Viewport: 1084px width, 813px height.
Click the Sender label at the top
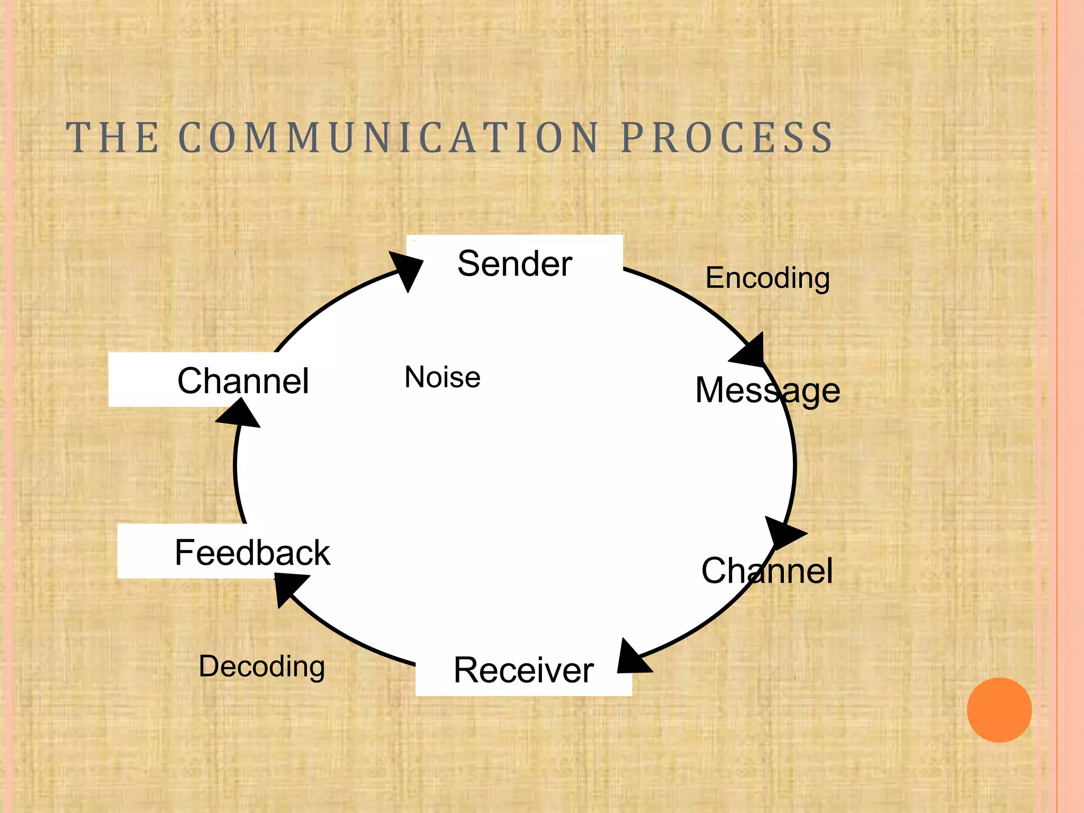[514, 264]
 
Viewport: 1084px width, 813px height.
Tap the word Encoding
[767, 278]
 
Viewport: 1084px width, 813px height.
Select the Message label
[767, 391]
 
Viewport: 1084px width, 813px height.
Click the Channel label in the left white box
[243, 381]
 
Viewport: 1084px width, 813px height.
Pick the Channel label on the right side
[767, 571]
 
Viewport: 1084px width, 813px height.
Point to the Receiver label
[523, 670]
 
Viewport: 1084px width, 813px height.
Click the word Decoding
[261, 666]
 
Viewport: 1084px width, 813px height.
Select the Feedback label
[252, 553]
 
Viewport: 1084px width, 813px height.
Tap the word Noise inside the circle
[442, 377]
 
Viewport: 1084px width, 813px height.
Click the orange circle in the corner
[999, 710]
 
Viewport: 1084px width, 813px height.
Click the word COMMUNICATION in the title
[389, 138]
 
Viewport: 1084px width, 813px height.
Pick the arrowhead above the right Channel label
[783, 534]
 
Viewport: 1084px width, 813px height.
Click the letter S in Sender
[468, 264]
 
